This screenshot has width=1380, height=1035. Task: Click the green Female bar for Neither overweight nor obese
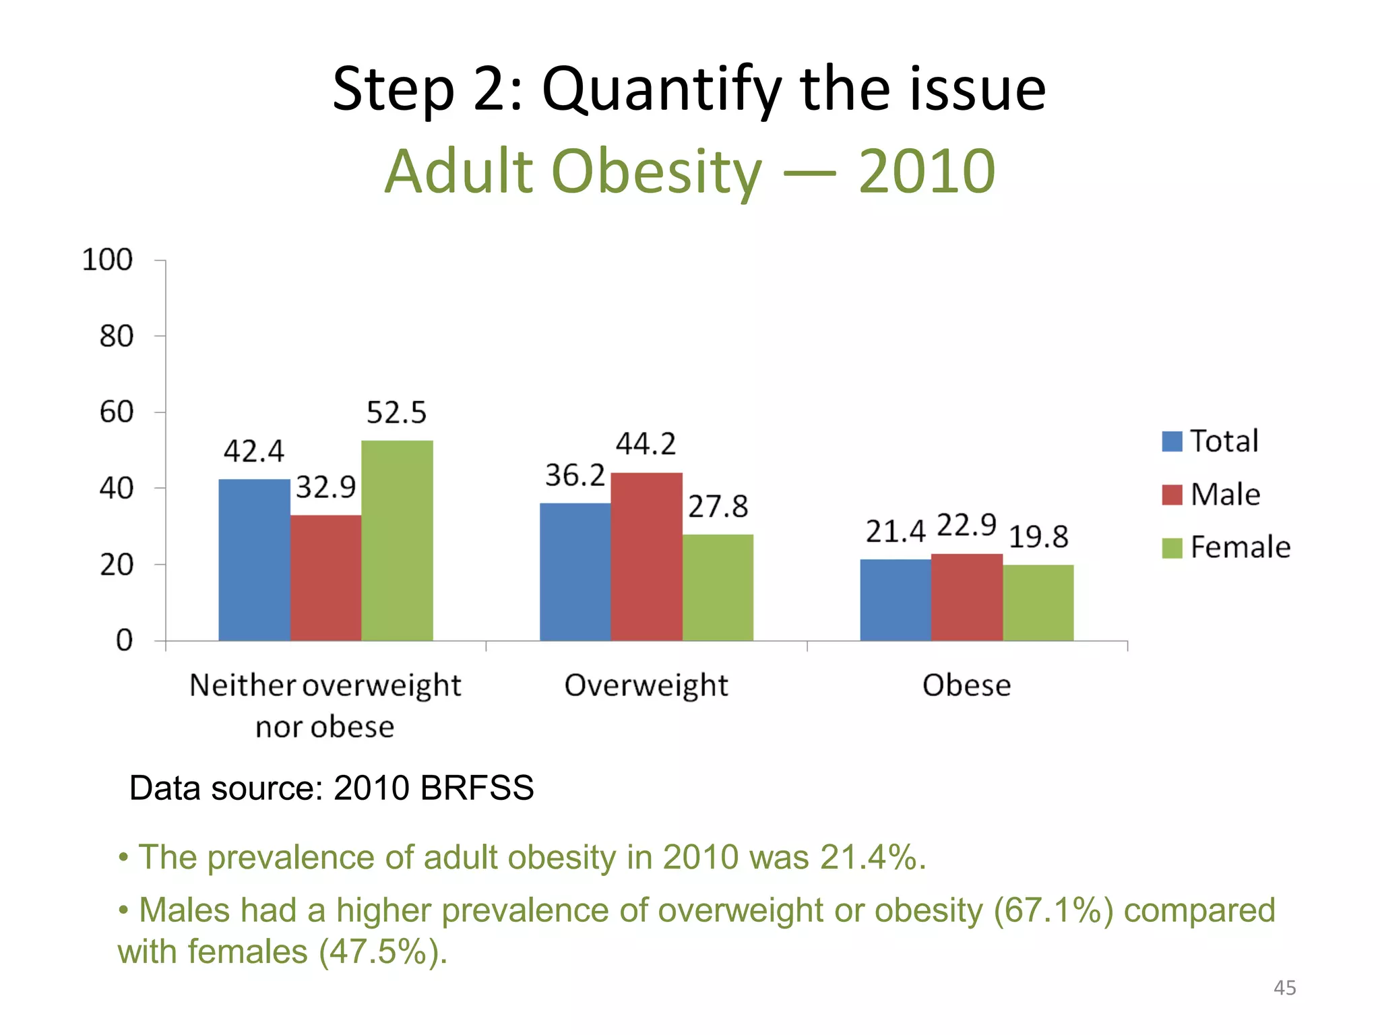click(397, 540)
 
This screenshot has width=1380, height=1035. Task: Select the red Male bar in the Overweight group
click(646, 557)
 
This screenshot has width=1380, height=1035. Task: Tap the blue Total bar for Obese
click(896, 600)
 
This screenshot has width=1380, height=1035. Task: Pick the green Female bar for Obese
click(1038, 602)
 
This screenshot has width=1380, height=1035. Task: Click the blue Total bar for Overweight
click(575, 571)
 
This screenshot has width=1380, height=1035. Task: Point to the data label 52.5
click(396, 412)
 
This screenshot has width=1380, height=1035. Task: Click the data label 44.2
click(646, 444)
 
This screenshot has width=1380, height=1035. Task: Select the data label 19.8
click(1038, 537)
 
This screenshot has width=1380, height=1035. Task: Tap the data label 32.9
click(325, 487)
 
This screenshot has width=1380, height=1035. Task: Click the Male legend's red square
click(1172, 495)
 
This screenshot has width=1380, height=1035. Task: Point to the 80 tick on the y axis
click(117, 336)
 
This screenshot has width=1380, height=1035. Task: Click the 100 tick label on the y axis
click(107, 260)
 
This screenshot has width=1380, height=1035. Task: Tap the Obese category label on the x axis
click(966, 686)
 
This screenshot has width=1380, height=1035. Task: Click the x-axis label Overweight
click(646, 686)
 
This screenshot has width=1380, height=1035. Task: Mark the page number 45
click(1284, 988)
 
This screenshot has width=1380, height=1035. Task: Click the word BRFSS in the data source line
click(476, 788)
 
